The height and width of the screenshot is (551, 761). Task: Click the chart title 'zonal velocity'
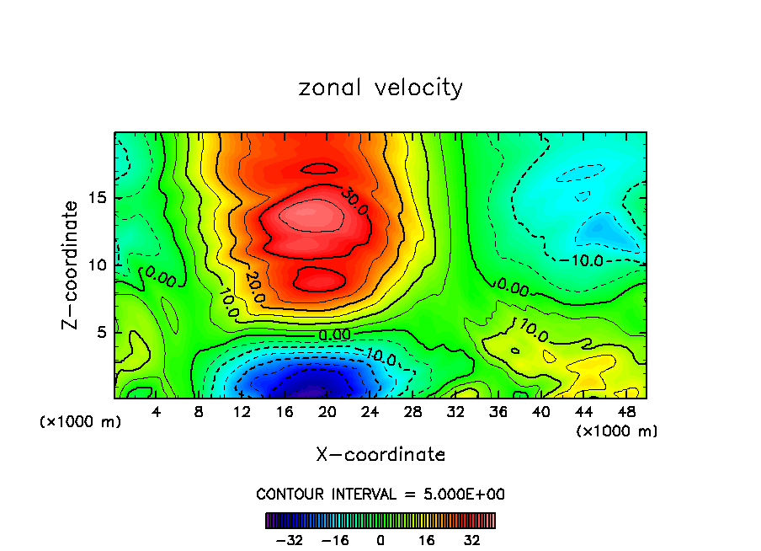coord(380,88)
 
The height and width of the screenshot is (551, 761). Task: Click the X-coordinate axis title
coord(380,455)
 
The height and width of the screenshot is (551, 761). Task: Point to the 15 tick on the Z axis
coord(99,198)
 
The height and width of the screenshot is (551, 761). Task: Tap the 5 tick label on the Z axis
coord(103,332)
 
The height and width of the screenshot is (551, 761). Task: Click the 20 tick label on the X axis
coord(327,412)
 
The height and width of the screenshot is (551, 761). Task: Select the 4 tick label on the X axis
coord(156,412)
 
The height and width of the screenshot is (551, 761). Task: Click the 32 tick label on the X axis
coord(455,412)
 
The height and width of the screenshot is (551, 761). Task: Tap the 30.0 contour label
coord(354,201)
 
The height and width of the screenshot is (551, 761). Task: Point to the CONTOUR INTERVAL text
coord(380,495)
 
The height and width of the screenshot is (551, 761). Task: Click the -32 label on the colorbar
coord(289,539)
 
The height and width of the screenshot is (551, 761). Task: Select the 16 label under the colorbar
coord(426,539)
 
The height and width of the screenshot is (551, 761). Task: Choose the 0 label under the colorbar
coord(380,539)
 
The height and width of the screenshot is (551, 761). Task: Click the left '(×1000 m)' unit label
coord(81,421)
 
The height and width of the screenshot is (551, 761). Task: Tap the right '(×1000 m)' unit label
coord(616,431)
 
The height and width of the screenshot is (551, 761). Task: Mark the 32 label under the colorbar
coord(471,539)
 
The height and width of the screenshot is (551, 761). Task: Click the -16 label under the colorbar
coord(334,539)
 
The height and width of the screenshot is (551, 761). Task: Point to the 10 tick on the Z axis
coord(99,265)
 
